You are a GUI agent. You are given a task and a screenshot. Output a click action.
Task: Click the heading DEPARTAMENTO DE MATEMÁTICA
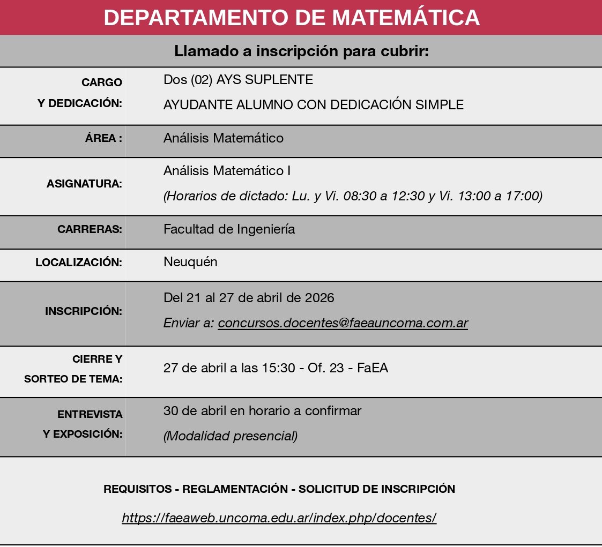[292, 17]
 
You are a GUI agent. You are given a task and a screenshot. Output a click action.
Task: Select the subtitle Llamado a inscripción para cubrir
[301, 51]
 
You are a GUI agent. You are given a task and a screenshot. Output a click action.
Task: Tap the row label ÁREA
[103, 138]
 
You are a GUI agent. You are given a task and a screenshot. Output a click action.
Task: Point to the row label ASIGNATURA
[84, 184]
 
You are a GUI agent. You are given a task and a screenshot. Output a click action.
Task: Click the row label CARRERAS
[90, 229]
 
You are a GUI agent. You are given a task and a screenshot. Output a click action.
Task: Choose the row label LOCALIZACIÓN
[79, 263]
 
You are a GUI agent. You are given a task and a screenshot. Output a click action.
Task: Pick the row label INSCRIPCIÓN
[84, 311]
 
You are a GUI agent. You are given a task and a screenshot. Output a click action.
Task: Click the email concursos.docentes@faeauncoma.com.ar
[343, 323]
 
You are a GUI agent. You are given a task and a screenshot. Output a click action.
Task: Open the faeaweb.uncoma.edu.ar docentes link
[279, 518]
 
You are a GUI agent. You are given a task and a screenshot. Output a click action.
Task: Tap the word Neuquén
[190, 262]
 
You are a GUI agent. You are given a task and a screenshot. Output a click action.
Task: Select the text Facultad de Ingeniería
[229, 229]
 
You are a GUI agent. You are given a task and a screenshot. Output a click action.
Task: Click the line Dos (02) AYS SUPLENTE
[238, 80]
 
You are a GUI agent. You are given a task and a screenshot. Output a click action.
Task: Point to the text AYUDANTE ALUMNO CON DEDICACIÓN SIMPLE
[313, 105]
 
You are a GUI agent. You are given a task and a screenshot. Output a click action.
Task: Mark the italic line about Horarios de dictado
[353, 196]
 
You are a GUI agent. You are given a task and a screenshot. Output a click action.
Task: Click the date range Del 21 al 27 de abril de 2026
[249, 297]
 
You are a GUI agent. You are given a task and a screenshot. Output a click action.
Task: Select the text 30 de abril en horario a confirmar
[262, 411]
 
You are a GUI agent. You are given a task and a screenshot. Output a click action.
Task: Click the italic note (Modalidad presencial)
[231, 436]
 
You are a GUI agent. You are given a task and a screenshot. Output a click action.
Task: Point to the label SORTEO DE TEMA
[73, 379]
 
